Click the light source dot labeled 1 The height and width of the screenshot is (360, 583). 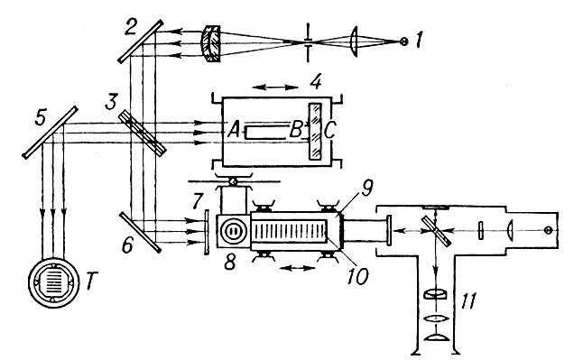(x=403, y=42)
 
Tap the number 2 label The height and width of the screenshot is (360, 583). (x=131, y=28)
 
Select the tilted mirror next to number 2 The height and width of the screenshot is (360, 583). (x=141, y=41)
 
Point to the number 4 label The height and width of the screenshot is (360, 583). (x=316, y=82)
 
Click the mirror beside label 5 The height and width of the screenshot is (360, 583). (x=51, y=133)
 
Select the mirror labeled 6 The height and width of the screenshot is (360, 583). (x=140, y=233)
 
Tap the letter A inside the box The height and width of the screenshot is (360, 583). (x=234, y=130)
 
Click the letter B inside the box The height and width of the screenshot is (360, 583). (x=296, y=130)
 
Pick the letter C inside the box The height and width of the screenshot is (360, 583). (x=330, y=130)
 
